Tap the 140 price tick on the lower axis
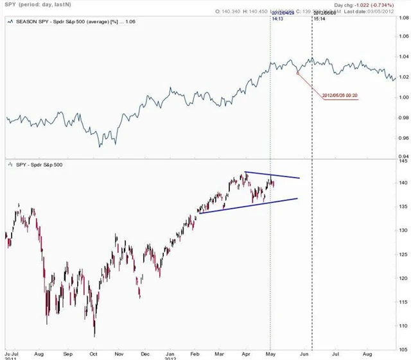coord(401,183)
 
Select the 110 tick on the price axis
coord(401,326)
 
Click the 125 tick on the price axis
coord(401,255)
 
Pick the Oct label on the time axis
coord(93,353)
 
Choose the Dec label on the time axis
coord(145,353)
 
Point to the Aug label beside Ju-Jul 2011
coord(39,353)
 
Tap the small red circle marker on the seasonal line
coord(297,73)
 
